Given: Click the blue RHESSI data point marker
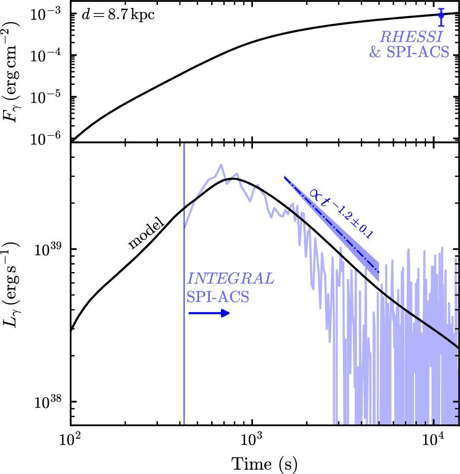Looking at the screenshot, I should [x=441, y=15].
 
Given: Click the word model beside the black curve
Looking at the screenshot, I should [x=146, y=237].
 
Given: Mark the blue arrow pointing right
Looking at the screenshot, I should [x=209, y=313].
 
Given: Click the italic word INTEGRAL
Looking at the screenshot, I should [x=231, y=279].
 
